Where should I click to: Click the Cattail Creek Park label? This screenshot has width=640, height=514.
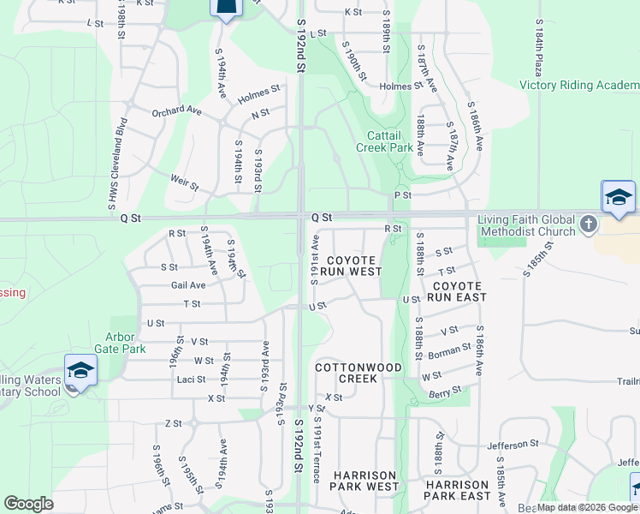pos(389,141)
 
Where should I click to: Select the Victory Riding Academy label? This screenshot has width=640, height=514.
pos(579,85)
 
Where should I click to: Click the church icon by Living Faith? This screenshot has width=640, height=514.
pos(588,224)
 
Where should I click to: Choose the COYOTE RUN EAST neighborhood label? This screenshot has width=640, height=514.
pos(459,291)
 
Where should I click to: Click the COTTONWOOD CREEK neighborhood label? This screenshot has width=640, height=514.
pos(359,373)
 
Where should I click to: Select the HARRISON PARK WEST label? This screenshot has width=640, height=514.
pos(365,481)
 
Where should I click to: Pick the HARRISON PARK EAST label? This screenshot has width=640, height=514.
pos(458,490)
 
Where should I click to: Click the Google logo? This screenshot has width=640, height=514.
pos(28,504)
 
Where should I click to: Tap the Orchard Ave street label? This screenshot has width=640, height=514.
pos(176,111)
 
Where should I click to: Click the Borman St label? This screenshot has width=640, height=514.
pos(450,350)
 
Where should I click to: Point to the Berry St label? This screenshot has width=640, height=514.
pos(445,392)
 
